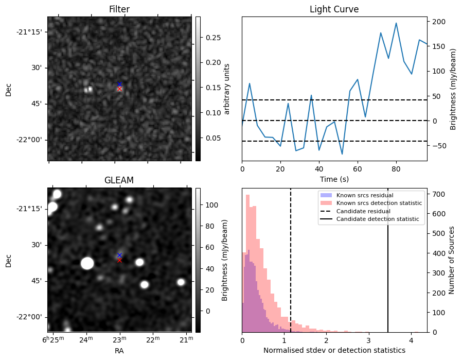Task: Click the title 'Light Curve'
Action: coord(334,9)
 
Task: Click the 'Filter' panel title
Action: coord(119,9)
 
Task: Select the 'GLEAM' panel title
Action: coord(119,180)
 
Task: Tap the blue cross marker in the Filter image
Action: coord(119,84)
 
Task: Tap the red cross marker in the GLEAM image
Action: coord(119,260)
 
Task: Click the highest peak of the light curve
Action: coord(396,23)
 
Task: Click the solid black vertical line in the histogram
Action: coord(388,278)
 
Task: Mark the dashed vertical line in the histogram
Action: coord(291,278)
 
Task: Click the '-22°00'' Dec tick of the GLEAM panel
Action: coord(31,317)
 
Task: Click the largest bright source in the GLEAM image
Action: coord(87,263)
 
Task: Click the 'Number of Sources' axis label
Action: coord(452,261)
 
